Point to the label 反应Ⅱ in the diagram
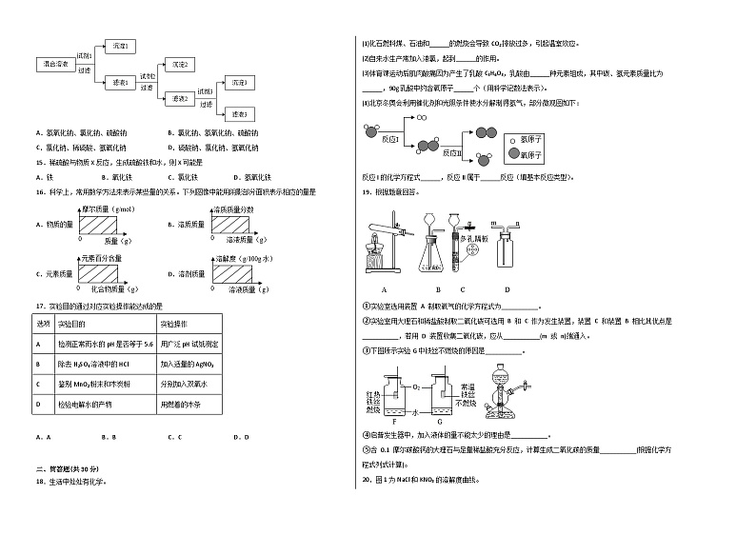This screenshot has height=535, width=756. point(453,150)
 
